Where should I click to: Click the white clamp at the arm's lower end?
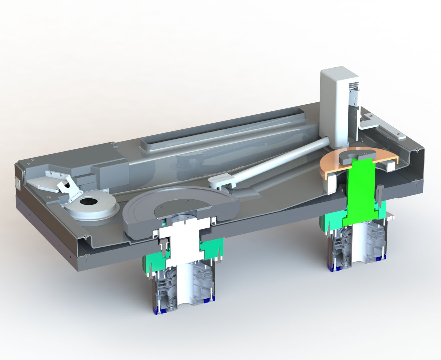[x=220, y=183]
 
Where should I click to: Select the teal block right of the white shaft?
[x=210, y=248]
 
